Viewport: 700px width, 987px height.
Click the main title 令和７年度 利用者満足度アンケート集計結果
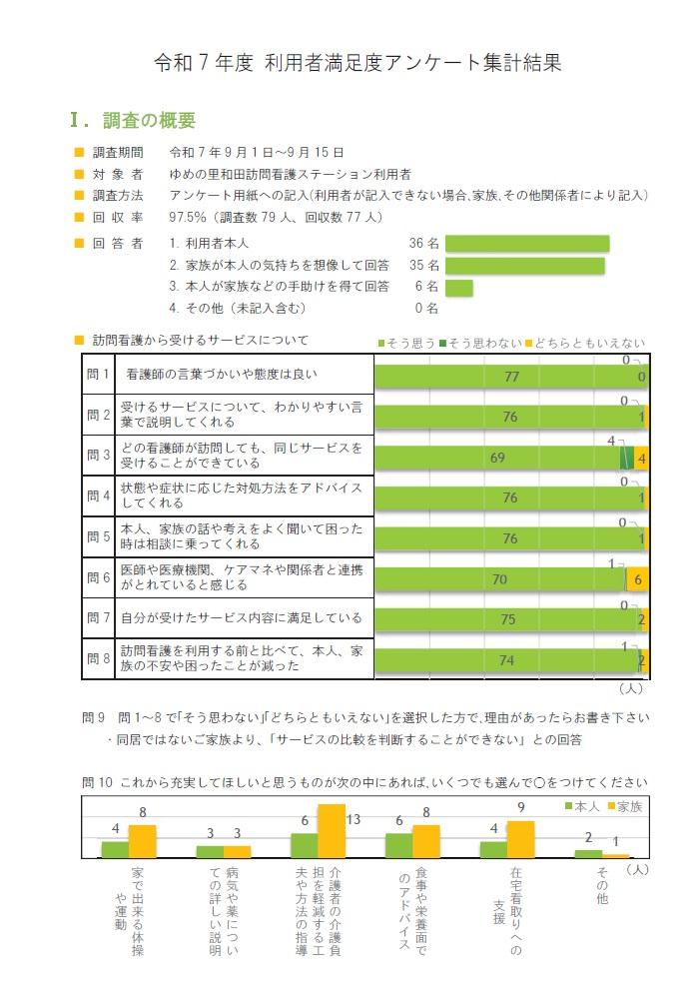pyautogui.click(x=357, y=62)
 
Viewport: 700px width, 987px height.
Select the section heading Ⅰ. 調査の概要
pyautogui.click(x=132, y=121)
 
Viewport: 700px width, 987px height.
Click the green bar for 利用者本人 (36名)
pyautogui.click(x=526, y=243)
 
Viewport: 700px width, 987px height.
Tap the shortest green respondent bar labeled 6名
pyautogui.click(x=458, y=288)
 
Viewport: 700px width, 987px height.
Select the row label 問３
pyautogui.click(x=98, y=456)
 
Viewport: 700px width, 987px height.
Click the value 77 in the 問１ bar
pyautogui.click(x=513, y=377)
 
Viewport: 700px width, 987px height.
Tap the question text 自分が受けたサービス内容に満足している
pyautogui.click(x=241, y=618)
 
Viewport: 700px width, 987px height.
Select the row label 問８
pyautogui.click(x=98, y=658)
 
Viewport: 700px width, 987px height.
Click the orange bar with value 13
pyautogui.click(x=332, y=831)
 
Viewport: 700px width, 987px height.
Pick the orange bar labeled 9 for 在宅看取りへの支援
pyautogui.click(x=520, y=839)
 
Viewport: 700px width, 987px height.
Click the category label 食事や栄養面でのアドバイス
pyautogui.click(x=411, y=909)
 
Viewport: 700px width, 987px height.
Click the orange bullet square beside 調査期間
pyautogui.click(x=80, y=153)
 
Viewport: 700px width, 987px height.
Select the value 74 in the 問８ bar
pyautogui.click(x=506, y=659)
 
